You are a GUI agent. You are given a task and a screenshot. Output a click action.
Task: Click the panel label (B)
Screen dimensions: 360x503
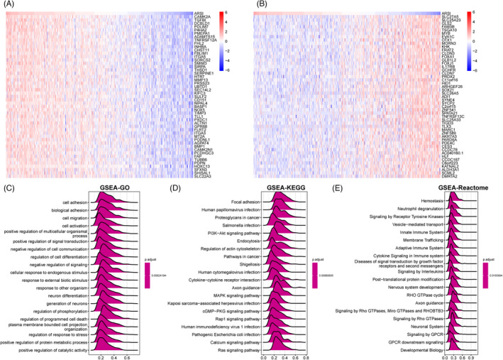258,5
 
